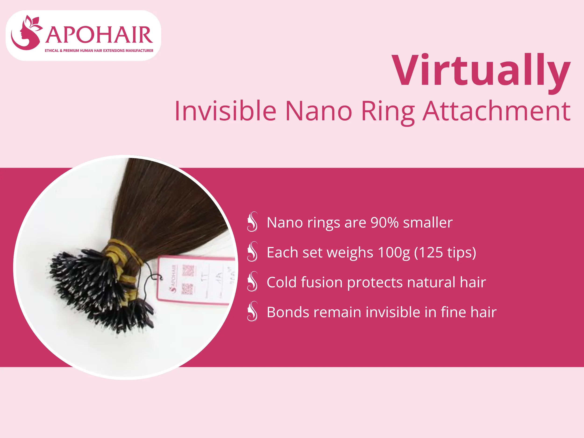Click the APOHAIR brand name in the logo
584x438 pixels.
tap(99, 35)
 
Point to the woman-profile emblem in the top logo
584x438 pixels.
tap(26, 33)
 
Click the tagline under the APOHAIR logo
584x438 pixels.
tap(99, 50)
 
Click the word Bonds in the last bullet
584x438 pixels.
tap(287, 312)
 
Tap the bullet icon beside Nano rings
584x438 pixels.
tap(252, 222)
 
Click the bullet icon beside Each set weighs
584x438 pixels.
tap(252, 252)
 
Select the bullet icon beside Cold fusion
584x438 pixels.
tap(252, 281)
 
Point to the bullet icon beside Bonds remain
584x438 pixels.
tap(252, 311)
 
